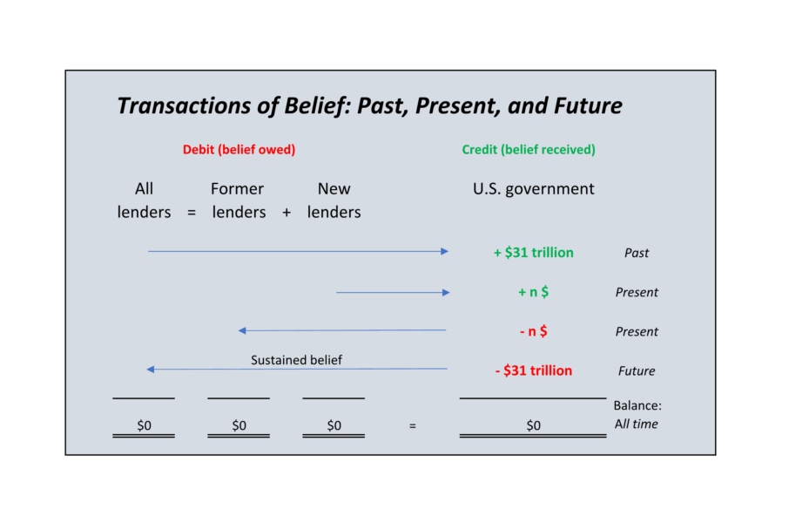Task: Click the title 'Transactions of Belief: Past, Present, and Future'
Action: pyautogui.click(x=369, y=106)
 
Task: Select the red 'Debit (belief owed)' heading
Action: pyautogui.click(x=239, y=150)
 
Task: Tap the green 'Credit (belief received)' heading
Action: pyautogui.click(x=529, y=150)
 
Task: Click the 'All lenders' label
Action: pyautogui.click(x=144, y=200)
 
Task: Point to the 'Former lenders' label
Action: pyautogui.click(x=238, y=200)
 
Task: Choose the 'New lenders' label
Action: pyautogui.click(x=334, y=200)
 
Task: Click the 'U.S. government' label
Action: pyautogui.click(x=533, y=189)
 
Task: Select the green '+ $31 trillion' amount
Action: pyautogui.click(x=533, y=253)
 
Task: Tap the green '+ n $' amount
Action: pyautogui.click(x=533, y=292)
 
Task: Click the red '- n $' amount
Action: pyautogui.click(x=533, y=331)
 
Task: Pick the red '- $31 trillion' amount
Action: pyautogui.click(x=533, y=370)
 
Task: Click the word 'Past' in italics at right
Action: pyautogui.click(x=637, y=254)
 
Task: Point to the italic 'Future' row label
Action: pyautogui.click(x=637, y=371)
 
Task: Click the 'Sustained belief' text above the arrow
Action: pyautogui.click(x=296, y=360)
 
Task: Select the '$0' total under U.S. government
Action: pyautogui.click(x=533, y=426)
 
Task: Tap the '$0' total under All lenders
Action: pyautogui.click(x=144, y=426)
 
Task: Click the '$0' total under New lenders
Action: pyautogui.click(x=334, y=426)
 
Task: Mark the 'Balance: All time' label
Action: pyautogui.click(x=637, y=415)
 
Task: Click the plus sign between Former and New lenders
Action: pyautogui.click(x=286, y=213)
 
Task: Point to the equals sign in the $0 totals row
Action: pyautogui.click(x=412, y=426)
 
